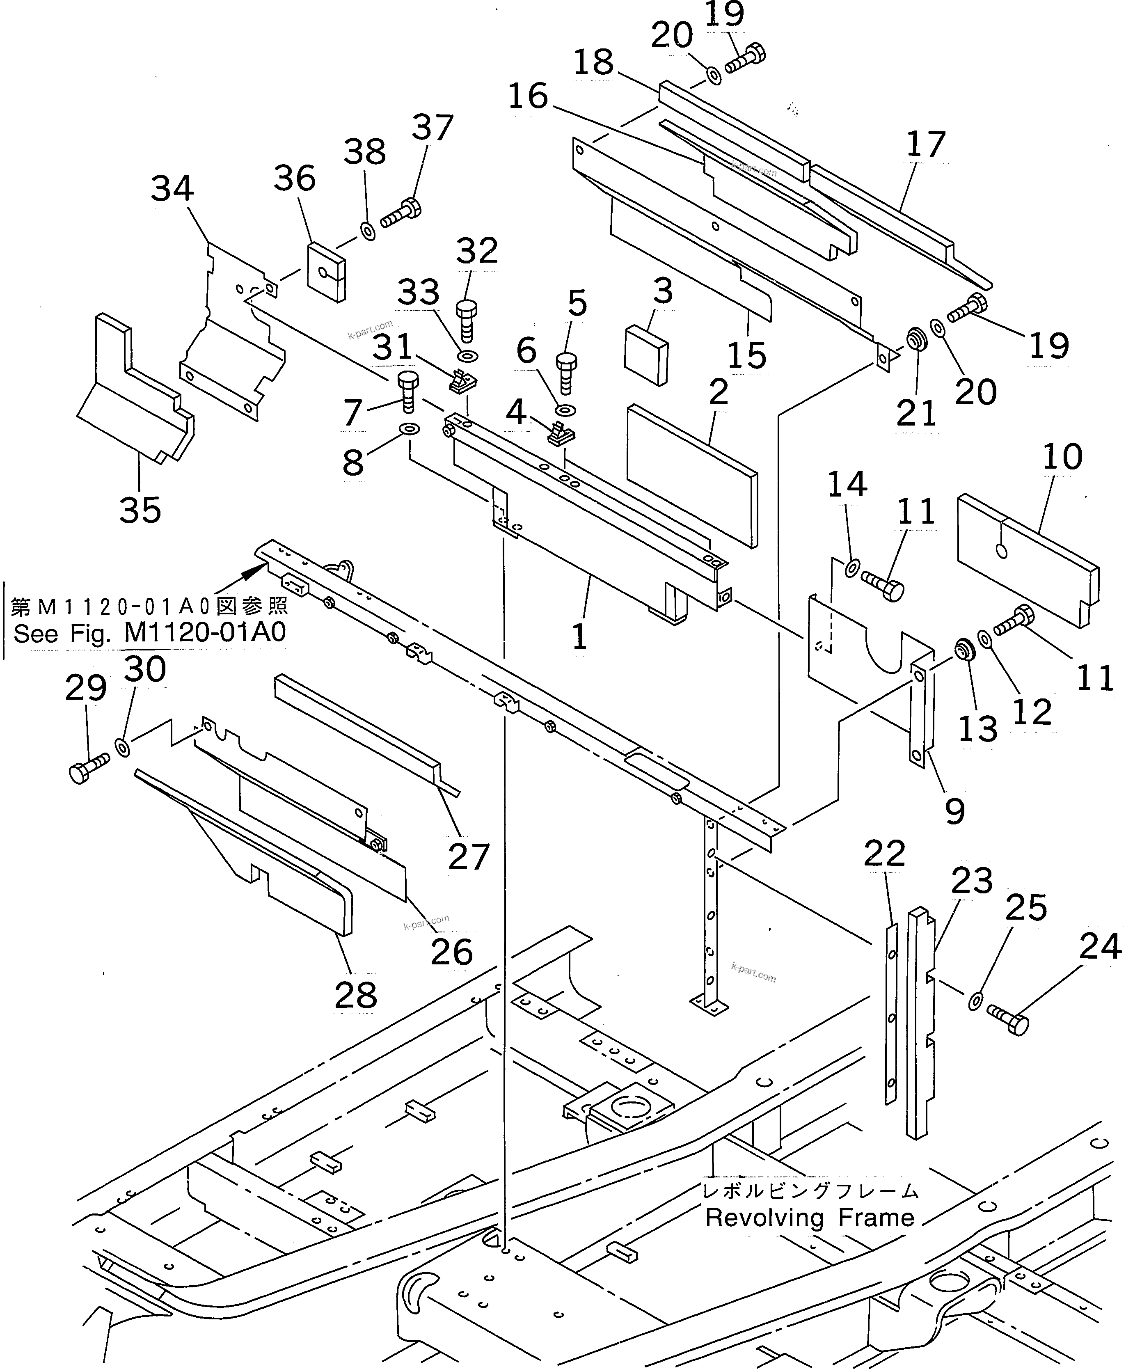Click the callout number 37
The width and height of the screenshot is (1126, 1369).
[432, 127]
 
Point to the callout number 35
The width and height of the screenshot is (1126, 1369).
[140, 509]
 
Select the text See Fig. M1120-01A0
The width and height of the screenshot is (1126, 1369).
[150, 632]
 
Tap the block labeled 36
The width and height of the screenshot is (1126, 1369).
[326, 272]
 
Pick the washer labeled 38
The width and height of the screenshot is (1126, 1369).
[368, 231]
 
